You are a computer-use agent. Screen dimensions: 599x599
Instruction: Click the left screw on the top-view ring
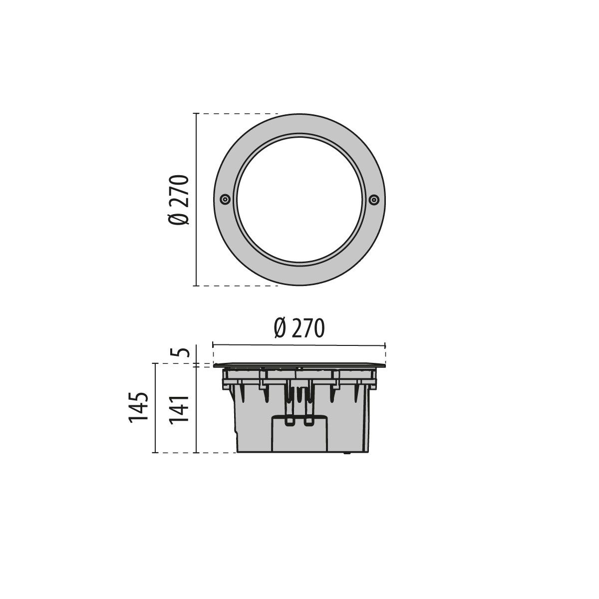coord(225,200)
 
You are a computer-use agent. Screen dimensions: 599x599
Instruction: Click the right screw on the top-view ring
coord(373,200)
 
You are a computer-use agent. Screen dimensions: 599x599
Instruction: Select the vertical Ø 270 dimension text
coord(179,200)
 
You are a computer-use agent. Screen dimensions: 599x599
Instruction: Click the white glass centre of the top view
coord(299,200)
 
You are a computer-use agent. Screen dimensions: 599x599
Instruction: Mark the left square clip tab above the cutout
coord(289,422)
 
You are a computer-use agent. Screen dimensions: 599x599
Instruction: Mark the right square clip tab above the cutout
coord(309,422)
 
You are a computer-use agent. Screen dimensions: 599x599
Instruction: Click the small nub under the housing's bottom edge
coord(345,454)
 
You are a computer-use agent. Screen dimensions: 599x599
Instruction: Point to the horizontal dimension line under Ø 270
coord(299,344)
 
